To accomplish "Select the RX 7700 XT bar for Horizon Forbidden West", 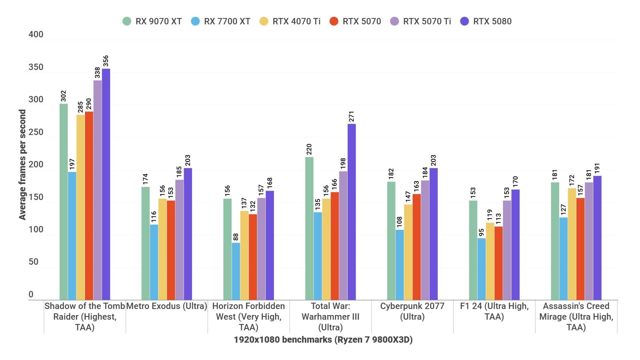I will [236, 271].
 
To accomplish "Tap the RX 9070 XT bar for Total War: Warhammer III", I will [309, 228].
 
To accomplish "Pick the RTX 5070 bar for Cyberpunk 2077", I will [417, 247].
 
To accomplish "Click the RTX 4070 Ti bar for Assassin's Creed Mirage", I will [572, 244].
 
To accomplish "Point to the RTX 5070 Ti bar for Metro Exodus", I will [179, 240].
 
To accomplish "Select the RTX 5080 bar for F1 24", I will [515, 245].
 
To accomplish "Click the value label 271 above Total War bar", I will [351, 117].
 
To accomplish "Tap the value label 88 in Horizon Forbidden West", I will [236, 237].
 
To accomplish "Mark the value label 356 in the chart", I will [106, 61].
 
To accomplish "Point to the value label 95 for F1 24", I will [481, 232].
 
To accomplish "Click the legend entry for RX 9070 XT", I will [152, 21].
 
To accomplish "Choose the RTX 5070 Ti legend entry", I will [421, 21].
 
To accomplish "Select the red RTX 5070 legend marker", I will [334, 21].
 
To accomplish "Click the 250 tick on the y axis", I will [36, 132].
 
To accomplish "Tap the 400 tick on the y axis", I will [36, 35].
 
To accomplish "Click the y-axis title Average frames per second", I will [22, 165].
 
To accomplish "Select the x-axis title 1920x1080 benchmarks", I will [323, 340].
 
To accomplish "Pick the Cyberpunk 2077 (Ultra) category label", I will [412, 311].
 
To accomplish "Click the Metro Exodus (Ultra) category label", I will [167, 306].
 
